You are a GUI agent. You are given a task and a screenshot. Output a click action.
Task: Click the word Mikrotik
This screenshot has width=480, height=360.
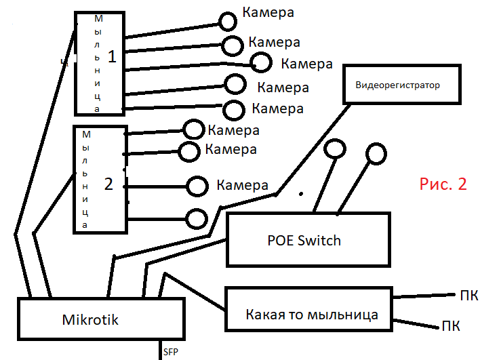[90, 319]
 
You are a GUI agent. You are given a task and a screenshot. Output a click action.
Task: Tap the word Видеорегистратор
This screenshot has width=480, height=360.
[397, 85]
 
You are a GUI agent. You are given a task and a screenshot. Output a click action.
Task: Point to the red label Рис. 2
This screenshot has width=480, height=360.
[443, 184]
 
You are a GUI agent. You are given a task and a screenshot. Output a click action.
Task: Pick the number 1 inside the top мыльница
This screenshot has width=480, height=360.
[113, 57]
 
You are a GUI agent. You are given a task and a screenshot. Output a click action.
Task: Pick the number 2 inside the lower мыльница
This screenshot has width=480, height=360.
[108, 183]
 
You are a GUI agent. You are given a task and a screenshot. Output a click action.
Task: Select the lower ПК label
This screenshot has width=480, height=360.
[451, 326]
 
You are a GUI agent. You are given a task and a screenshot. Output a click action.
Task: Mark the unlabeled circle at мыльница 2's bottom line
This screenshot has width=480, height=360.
[197, 218]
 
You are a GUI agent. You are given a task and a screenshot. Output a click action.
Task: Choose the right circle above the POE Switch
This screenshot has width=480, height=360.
[376, 155]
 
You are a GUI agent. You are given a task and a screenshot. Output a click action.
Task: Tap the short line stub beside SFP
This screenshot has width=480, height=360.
[157, 348]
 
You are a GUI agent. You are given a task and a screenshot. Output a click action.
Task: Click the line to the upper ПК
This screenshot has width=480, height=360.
[424, 296]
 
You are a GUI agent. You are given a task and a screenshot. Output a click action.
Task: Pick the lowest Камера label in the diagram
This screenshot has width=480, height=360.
[243, 185]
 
